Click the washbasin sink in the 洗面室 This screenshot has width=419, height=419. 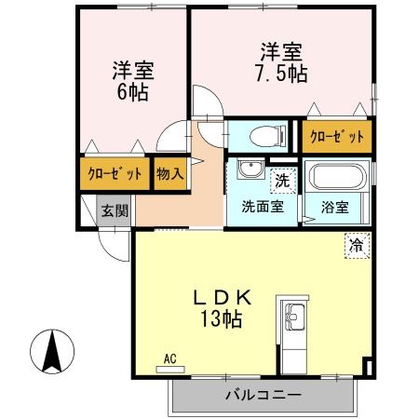(x=250, y=170)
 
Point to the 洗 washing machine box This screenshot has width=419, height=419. (x=279, y=174)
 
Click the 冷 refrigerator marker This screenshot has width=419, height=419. (x=357, y=246)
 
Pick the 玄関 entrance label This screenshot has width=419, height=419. (x=113, y=209)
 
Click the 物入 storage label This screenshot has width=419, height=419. (x=169, y=174)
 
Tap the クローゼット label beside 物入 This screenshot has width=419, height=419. (x=115, y=174)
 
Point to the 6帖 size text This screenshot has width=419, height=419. (x=133, y=92)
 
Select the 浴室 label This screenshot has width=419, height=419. (x=335, y=207)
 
